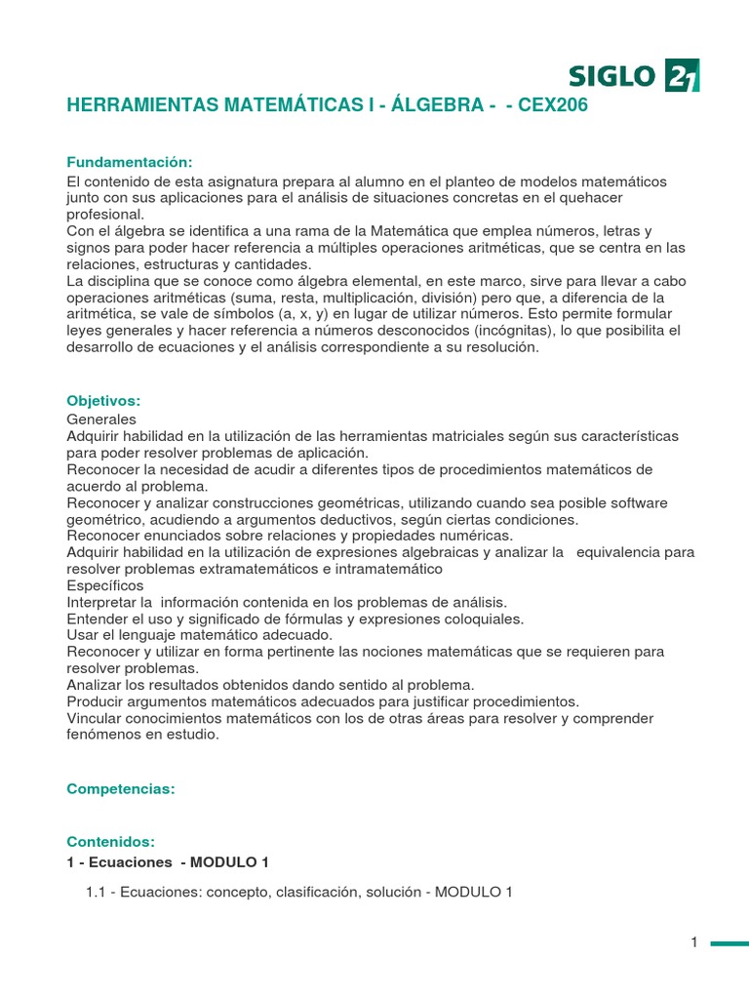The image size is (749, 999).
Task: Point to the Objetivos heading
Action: point(103,401)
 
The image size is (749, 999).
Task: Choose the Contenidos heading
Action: point(110,841)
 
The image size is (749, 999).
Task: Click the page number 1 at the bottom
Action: point(694,942)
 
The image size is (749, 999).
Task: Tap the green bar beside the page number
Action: point(729,943)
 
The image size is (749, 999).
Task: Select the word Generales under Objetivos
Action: point(101,419)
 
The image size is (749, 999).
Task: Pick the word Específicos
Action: point(105,585)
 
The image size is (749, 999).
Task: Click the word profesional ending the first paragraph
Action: point(105,215)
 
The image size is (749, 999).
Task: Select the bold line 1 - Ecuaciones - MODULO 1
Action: point(168,862)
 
